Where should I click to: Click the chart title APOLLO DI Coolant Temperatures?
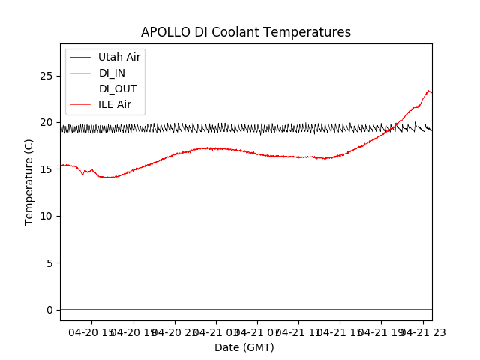246,32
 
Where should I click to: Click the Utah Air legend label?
119,57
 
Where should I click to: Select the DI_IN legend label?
112,73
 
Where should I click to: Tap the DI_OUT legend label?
117,88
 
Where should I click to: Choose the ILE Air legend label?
115,104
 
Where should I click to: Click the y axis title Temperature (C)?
29,181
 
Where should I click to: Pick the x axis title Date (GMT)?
244,347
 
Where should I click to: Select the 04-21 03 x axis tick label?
217,331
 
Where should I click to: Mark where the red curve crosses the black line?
391,128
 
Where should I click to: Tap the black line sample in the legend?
79,57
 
